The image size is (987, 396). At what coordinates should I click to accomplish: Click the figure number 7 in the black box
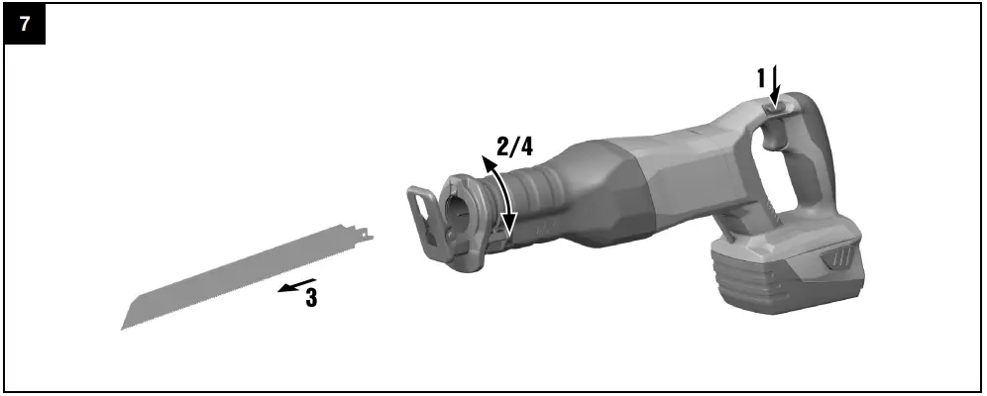coord(25,24)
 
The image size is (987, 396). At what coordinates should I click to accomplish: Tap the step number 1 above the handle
coord(761,78)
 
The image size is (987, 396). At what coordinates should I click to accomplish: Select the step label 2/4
coord(514,146)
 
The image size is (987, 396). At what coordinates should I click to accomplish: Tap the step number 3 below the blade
coord(311,297)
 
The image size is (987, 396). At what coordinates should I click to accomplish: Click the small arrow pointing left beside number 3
coord(296,285)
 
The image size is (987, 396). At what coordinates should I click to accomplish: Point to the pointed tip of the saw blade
coord(122,328)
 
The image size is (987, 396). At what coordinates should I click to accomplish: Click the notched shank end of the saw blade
coord(364,234)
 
